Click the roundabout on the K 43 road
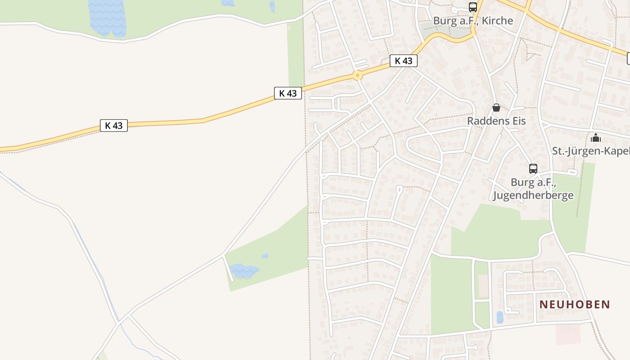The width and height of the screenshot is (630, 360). point(357,75)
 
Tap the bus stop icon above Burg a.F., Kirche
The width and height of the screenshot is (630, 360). point(472,7)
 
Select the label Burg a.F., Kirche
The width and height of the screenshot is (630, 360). point(472,21)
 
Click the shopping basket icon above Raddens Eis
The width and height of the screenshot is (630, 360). point(496,108)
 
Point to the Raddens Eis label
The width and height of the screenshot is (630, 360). point(496,121)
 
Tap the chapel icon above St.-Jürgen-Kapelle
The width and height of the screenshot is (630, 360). point(596,137)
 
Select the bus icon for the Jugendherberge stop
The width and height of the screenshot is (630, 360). point(533,169)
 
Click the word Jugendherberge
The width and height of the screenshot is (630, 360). point(533,195)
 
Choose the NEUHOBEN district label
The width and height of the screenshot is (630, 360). point(575,305)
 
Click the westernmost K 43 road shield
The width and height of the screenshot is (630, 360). point(114,126)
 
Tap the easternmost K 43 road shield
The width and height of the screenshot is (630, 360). point(403,61)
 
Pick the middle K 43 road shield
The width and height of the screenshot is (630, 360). point(288,93)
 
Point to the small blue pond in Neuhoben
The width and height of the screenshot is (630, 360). point(499,317)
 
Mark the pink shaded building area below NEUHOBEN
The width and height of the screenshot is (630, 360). point(568,334)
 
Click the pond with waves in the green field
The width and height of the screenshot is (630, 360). point(243,271)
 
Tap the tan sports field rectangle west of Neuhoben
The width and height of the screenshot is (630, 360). point(483,286)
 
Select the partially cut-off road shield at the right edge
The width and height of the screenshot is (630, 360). point(628,58)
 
